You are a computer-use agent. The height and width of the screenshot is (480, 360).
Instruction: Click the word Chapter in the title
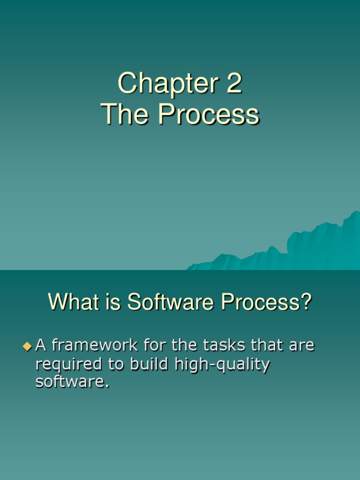(x=167, y=84)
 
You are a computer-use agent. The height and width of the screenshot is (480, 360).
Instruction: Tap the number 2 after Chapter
(x=233, y=84)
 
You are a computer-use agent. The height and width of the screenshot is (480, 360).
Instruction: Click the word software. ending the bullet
(x=72, y=382)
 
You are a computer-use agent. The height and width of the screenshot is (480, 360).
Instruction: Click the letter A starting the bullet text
(x=41, y=346)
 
